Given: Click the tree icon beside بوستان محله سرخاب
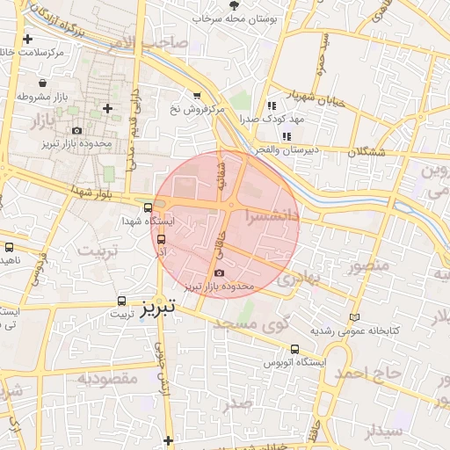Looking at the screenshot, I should pos(233,5).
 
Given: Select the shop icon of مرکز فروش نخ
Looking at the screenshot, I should pos(197,96).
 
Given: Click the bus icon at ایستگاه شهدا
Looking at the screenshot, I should pos(148,208).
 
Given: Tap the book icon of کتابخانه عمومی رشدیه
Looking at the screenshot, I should pos(354,317).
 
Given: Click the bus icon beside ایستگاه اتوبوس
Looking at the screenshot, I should pos(294,348).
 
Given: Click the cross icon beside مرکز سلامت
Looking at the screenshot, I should pos(29,40).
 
